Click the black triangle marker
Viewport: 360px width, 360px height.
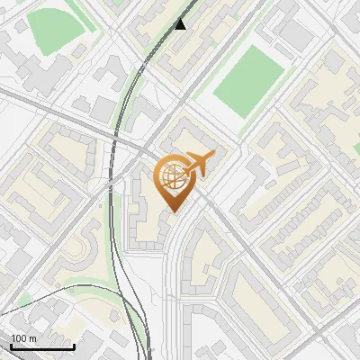(x=181, y=23)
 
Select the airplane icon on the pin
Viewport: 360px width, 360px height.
(x=201, y=163)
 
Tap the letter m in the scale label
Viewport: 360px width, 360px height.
(x=33, y=338)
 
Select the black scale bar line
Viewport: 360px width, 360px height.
(x=42, y=347)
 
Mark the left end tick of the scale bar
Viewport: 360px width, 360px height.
(x=11, y=346)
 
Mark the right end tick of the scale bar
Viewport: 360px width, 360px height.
(x=74, y=346)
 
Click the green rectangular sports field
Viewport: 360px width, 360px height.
(x=247, y=80)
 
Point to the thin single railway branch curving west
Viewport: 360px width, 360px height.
(x=54, y=302)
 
